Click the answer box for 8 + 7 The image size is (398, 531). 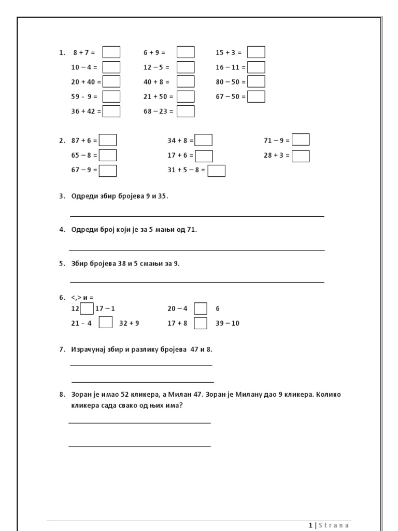pos(111,52)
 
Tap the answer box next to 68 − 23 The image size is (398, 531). pos(186,111)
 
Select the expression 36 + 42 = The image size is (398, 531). pos(86,111)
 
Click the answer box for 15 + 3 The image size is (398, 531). pos(256,52)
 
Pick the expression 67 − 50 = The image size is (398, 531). pos(231,97)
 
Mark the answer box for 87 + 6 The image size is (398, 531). pos(108,141)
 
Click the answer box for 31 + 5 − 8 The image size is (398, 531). pos(217,171)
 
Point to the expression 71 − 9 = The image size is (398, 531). pos(277,141)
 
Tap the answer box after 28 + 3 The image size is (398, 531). pos(301,156)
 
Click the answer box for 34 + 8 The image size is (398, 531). pos(204,141)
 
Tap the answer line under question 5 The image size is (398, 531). pos(197,282)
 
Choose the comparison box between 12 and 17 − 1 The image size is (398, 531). pos(87,309)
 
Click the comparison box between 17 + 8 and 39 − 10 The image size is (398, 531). pos(201,324)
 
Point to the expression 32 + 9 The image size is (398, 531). pos(129,324)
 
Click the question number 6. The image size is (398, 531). pos(62,298)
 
